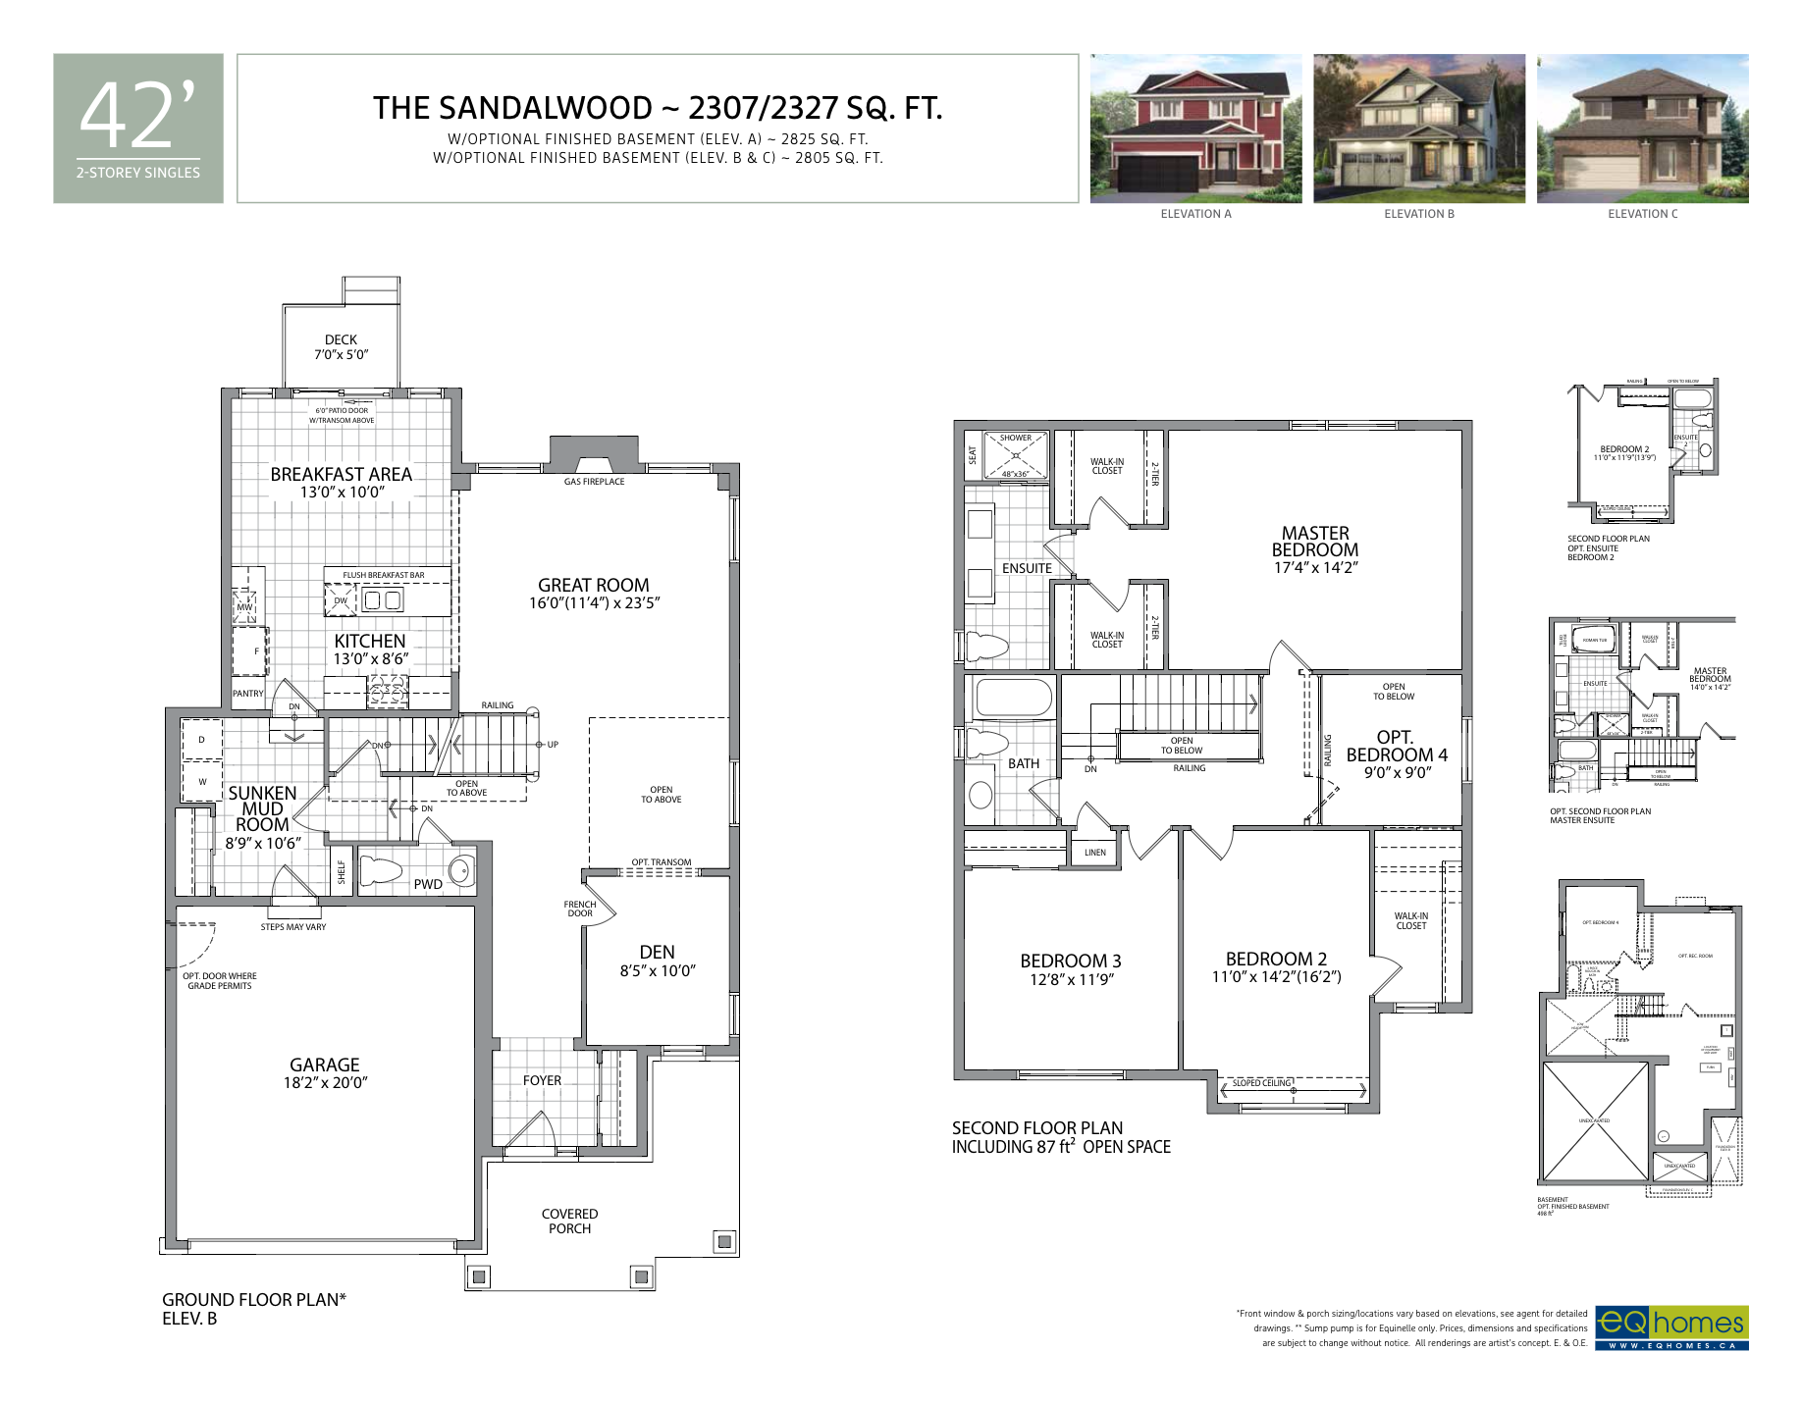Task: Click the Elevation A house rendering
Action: coord(1195,129)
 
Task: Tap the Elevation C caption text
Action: coord(1642,214)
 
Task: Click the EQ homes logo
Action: coord(1670,1327)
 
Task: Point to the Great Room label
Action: coord(593,585)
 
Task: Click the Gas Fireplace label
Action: coord(594,482)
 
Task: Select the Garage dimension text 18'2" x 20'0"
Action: coord(325,1083)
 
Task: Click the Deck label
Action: coord(341,339)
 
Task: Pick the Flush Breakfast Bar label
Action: coord(384,575)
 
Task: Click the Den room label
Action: coord(657,953)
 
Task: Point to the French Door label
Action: coord(580,909)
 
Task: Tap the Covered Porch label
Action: coord(569,1222)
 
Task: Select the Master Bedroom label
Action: coord(1315,542)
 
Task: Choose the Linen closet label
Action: coord(1095,853)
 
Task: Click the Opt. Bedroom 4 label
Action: coord(1396,746)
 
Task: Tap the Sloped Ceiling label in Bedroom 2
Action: coord(1261,1083)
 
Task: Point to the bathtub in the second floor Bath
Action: coord(1012,700)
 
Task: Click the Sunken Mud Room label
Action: coord(262,808)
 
